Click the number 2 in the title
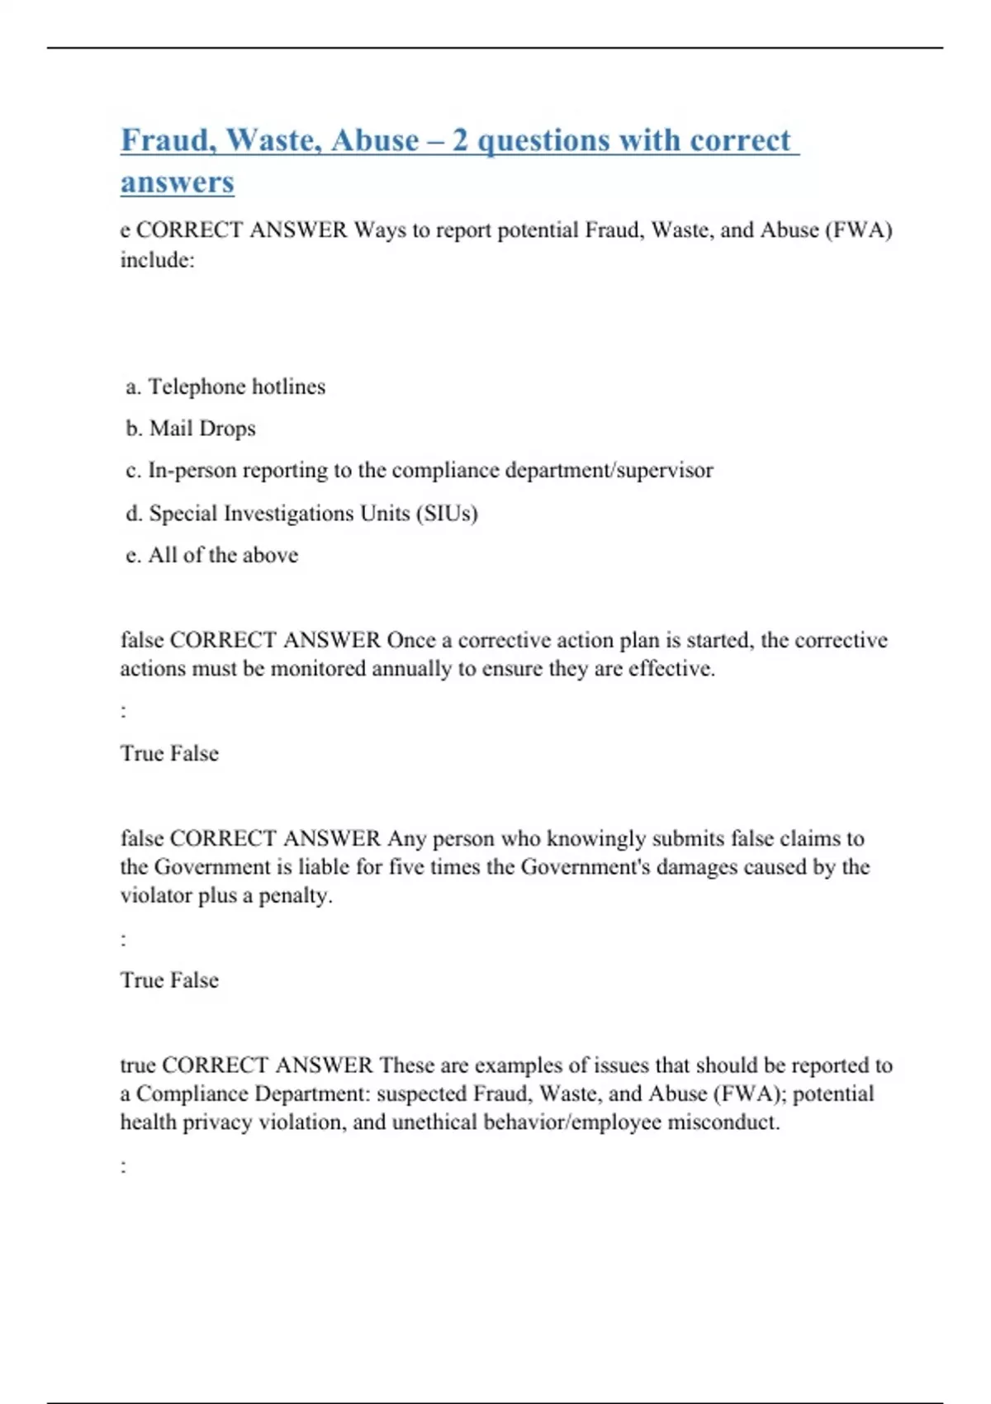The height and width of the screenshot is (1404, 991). point(460,140)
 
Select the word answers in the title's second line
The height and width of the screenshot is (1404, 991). point(177,182)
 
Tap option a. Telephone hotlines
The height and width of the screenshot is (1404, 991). point(225,387)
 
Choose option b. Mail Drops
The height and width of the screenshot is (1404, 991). point(191,429)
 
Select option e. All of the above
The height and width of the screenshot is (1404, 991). point(212,555)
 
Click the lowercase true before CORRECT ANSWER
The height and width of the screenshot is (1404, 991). point(138,1065)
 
